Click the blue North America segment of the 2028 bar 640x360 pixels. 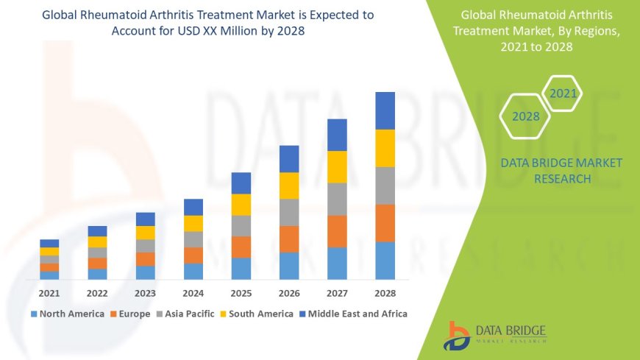click(x=385, y=261)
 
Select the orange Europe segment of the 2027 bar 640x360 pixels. click(x=337, y=231)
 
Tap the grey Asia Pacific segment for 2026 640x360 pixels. click(x=289, y=212)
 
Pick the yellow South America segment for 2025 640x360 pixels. click(x=241, y=205)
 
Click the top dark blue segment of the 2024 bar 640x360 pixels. click(x=193, y=207)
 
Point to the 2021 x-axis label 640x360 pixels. click(x=49, y=292)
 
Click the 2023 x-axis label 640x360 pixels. click(x=145, y=292)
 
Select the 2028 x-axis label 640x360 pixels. click(x=385, y=292)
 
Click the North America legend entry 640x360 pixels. click(x=67, y=314)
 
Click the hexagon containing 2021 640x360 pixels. click(x=563, y=93)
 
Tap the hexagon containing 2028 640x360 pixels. click(x=525, y=116)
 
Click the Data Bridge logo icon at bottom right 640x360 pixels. click(x=456, y=335)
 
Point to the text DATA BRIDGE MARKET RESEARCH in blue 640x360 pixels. click(x=561, y=170)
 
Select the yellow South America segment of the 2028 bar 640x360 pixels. click(x=385, y=148)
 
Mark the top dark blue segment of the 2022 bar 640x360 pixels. click(x=97, y=231)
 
